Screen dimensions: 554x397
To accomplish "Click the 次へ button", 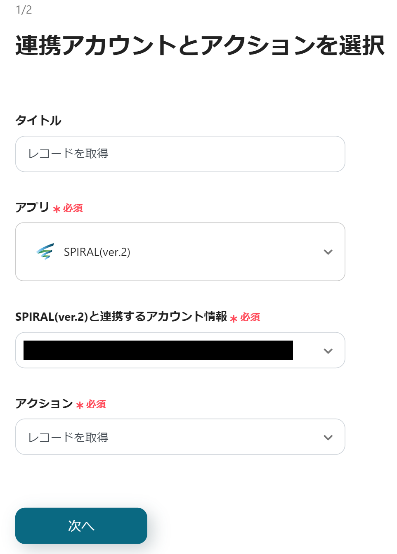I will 81,526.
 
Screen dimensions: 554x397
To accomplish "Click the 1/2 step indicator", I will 24,9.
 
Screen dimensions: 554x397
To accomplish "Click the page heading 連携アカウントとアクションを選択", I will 200,45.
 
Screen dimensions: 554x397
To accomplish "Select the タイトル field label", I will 38,121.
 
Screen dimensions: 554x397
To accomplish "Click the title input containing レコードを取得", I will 180,154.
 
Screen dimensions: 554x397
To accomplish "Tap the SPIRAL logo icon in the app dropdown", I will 45,251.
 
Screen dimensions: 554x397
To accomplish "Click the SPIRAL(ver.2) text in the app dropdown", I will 97,252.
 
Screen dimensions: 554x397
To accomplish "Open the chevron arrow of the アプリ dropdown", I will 328,252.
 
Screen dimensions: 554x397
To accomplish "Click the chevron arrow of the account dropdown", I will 328,351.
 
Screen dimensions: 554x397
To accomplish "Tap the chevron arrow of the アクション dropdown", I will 328,438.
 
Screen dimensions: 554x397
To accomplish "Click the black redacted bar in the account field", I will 158,350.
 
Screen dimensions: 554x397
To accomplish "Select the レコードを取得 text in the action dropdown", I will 68,437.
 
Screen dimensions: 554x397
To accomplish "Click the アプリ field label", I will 32,207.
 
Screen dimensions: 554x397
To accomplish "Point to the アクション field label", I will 44,403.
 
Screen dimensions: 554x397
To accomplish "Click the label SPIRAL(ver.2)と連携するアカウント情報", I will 121,317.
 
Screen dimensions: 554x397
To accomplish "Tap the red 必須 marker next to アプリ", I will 73,208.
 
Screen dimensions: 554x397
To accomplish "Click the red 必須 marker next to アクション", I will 96,404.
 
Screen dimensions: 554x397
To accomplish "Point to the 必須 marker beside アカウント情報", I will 250,317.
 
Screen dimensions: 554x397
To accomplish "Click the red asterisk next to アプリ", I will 57,209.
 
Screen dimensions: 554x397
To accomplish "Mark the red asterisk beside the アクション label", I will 80,405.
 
